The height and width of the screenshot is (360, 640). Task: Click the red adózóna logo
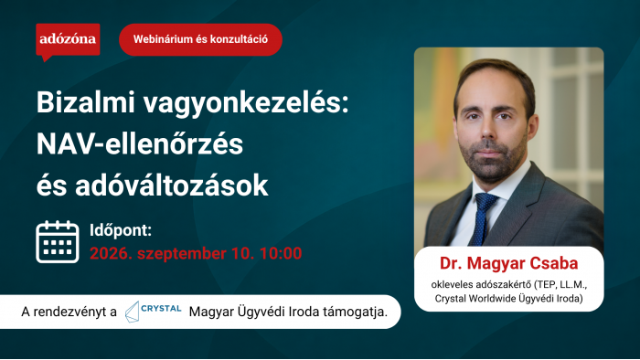click(x=68, y=40)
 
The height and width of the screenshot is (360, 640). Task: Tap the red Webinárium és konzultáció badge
click(x=200, y=39)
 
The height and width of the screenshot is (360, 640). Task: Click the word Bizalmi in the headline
click(x=86, y=102)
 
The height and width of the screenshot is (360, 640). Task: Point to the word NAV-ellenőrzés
click(x=140, y=144)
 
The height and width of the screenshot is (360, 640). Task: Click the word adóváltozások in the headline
click(x=172, y=185)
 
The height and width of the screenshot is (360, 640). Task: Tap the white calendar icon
click(x=57, y=242)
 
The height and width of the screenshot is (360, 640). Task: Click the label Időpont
click(x=121, y=230)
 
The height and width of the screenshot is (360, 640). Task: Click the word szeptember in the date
click(x=182, y=254)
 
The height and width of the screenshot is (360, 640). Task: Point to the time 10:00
click(x=281, y=254)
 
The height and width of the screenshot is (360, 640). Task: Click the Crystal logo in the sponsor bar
click(x=153, y=312)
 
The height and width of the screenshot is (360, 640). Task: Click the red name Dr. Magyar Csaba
click(x=509, y=263)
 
